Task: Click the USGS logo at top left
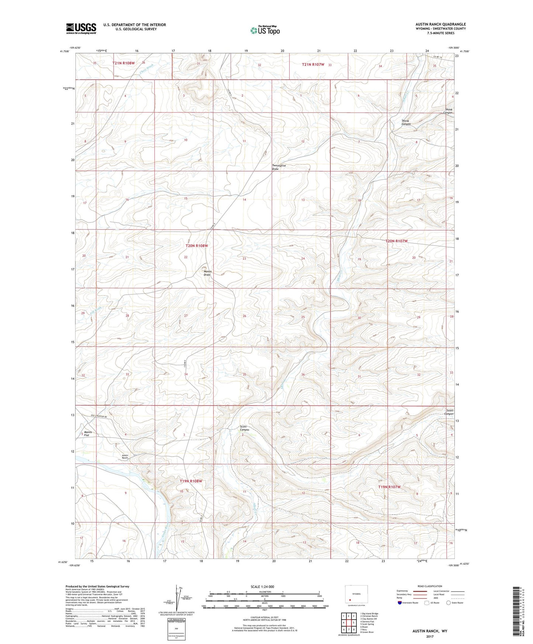pyautogui.click(x=81, y=28)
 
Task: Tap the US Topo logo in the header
pyautogui.click(x=265, y=30)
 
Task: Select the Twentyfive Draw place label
pyautogui.click(x=279, y=167)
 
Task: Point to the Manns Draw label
pyautogui.click(x=207, y=273)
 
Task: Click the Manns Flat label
pyautogui.click(x=87, y=434)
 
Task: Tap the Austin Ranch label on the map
pyautogui.click(x=125, y=457)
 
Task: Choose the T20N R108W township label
pyautogui.click(x=197, y=246)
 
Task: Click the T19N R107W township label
pyautogui.click(x=389, y=487)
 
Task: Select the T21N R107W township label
pyautogui.click(x=313, y=65)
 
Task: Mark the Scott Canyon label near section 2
pyautogui.click(x=245, y=428)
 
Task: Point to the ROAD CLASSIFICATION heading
pyautogui.click(x=430, y=586)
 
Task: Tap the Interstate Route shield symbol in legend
pyautogui.click(x=401, y=603)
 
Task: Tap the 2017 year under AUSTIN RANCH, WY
pyautogui.click(x=429, y=636)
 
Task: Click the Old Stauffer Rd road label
pyautogui.click(x=99, y=417)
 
